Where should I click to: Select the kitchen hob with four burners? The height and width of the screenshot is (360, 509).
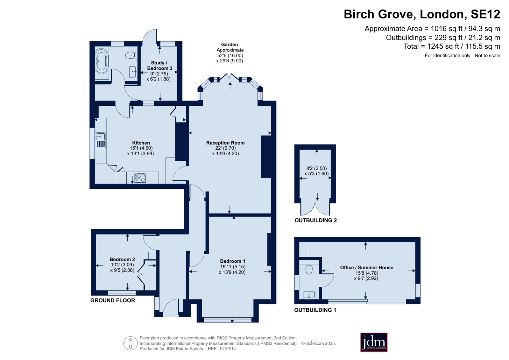click(140, 178)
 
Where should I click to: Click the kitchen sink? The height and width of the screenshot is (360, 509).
click(100, 137)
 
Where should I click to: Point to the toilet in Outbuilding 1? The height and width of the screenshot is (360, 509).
click(309, 269)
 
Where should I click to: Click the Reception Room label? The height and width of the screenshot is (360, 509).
click(225, 143)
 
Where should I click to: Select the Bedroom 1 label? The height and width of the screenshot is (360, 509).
click(232, 261)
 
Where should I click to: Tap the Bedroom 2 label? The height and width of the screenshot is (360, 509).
click(122, 259)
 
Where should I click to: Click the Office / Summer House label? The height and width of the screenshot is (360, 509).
click(366, 267)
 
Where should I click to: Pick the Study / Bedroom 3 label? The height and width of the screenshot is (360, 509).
click(159, 66)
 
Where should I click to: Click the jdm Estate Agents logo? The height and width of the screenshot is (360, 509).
click(374, 342)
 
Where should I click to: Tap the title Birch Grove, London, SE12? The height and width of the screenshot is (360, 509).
click(422, 14)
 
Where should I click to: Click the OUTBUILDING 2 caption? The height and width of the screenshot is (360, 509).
click(316, 220)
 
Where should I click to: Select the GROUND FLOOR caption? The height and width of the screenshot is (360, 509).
click(113, 300)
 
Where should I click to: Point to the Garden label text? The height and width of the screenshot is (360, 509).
click(230, 45)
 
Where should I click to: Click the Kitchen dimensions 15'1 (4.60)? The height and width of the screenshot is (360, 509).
click(141, 148)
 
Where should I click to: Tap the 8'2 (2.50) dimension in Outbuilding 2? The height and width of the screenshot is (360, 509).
click(316, 168)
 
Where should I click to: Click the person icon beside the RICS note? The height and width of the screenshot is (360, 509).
click(131, 343)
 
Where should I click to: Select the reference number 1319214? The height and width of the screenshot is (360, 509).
click(227, 349)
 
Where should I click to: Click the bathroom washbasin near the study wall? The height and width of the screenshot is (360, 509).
click(133, 72)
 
